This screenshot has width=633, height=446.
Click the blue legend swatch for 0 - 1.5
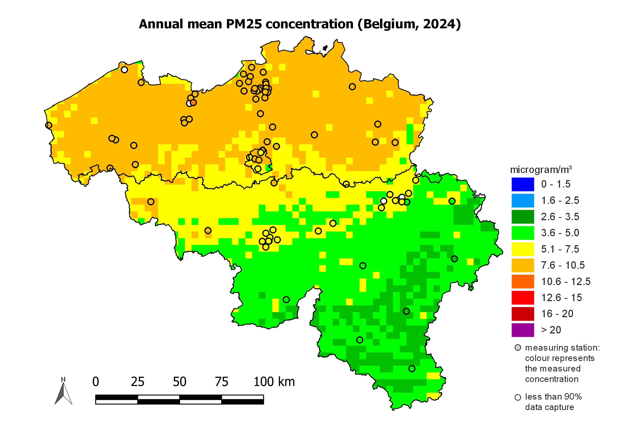[x=522, y=184]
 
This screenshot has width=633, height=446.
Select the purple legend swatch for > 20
[x=522, y=330]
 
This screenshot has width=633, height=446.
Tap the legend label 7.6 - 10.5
[x=562, y=265]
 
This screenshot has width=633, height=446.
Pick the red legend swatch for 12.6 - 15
[x=522, y=298]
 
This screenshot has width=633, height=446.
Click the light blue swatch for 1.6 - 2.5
[x=522, y=200]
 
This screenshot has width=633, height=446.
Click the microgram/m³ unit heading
[x=540, y=170]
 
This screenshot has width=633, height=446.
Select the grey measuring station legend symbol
[x=518, y=348]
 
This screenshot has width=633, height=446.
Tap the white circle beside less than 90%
[x=518, y=398]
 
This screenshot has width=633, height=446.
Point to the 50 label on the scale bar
[x=179, y=382]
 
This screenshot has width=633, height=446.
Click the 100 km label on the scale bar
[x=274, y=382]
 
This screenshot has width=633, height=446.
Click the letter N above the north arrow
[x=63, y=380]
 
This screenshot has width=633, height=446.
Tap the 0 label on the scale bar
[x=96, y=382]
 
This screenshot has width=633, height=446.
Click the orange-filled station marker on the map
[x=193, y=103]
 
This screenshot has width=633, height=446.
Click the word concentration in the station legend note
[x=551, y=379]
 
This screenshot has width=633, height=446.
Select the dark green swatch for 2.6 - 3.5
[x=522, y=217]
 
